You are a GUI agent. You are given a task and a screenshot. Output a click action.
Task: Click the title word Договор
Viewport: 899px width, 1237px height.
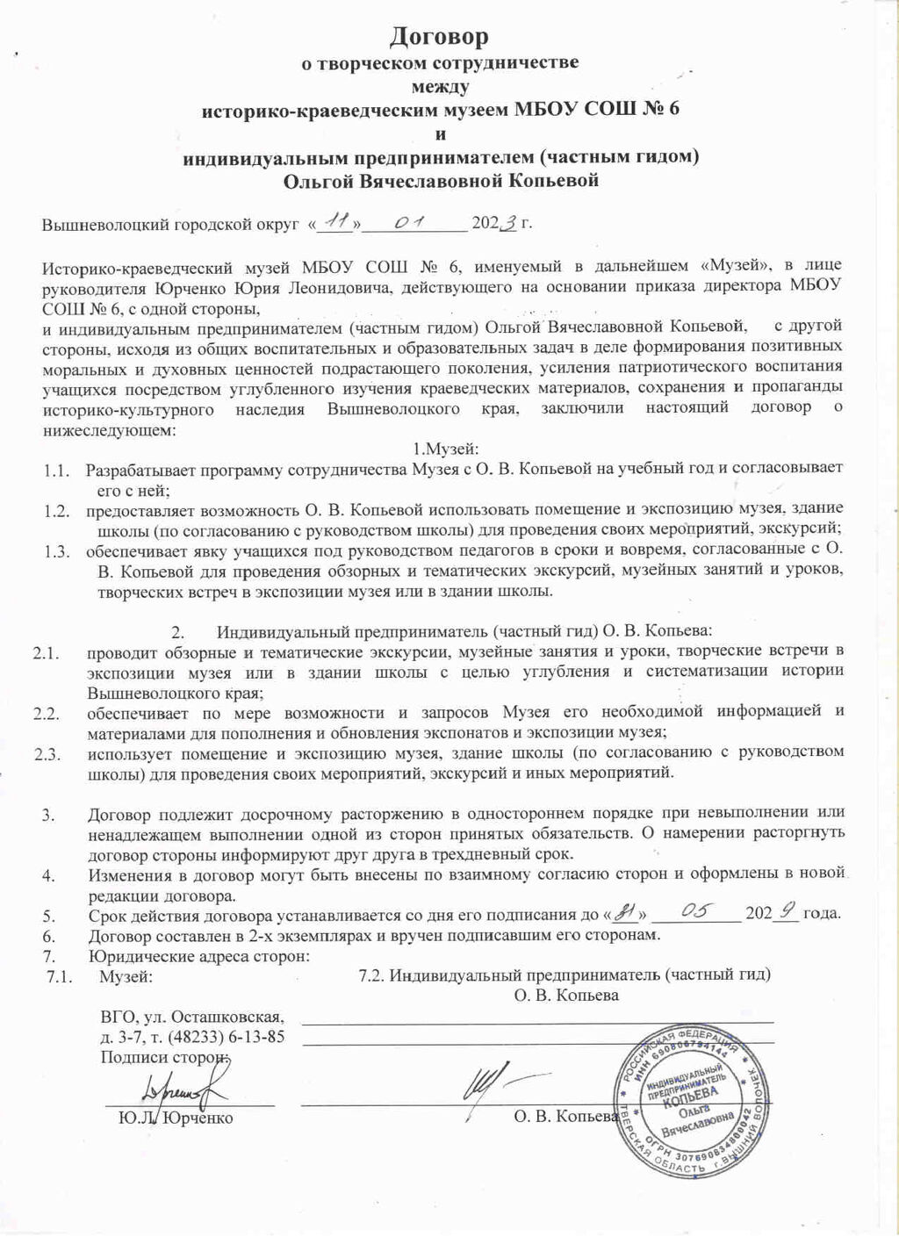point(439,37)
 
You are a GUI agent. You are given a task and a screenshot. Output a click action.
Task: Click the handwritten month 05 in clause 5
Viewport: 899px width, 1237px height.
point(696,911)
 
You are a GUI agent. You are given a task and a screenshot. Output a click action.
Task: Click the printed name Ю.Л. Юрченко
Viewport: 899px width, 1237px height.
point(176,1118)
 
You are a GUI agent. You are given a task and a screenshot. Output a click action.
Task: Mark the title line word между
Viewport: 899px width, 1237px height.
point(440,86)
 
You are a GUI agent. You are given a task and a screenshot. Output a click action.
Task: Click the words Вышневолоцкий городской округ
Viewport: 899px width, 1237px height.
point(167,224)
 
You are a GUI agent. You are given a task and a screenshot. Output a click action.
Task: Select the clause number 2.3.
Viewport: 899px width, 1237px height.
point(46,753)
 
